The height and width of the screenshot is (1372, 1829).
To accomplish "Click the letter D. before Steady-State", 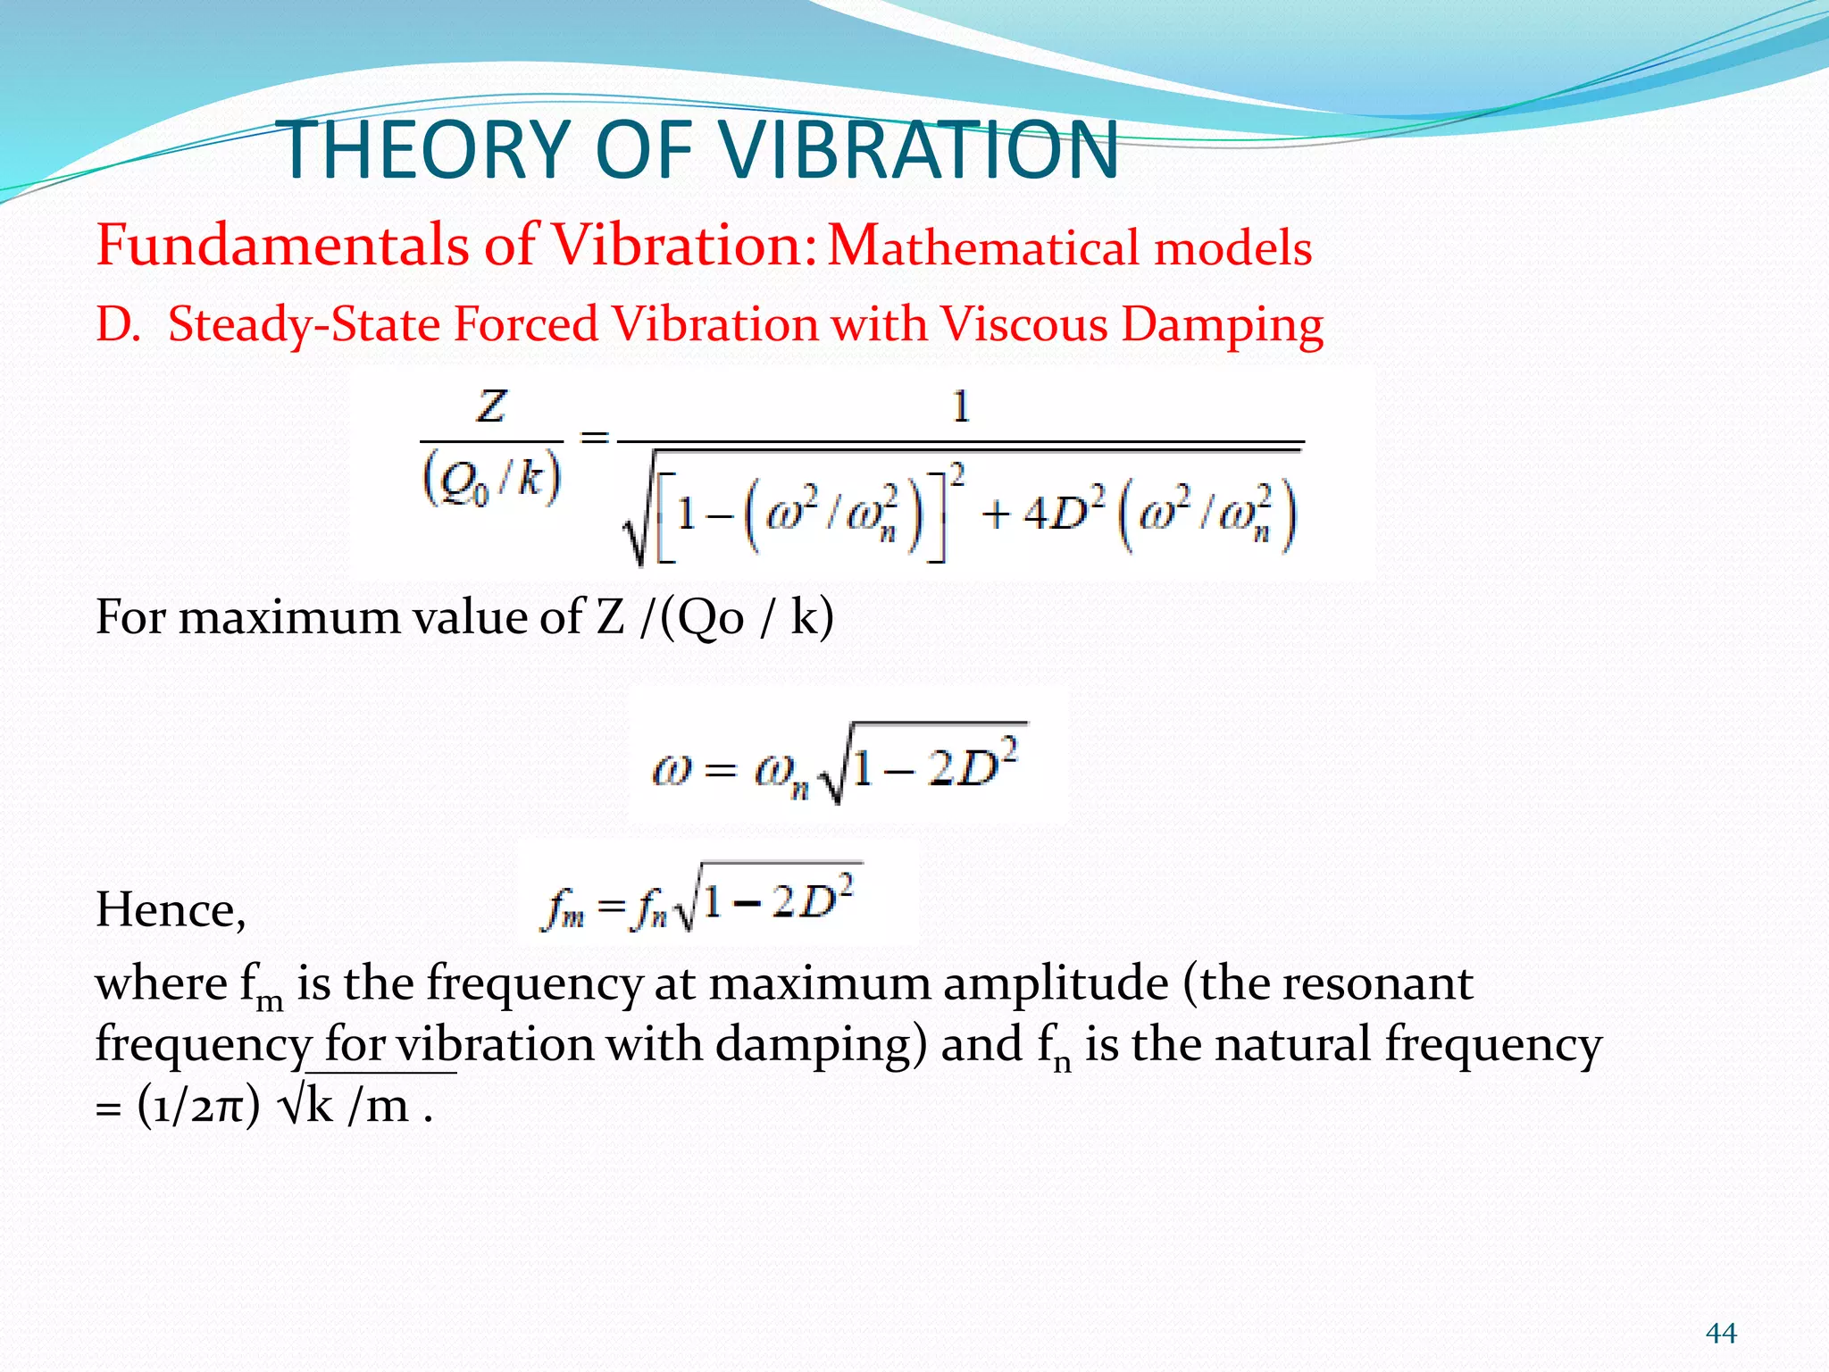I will point(118,323).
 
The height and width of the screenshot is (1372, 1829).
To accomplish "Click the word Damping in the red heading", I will point(1222,325).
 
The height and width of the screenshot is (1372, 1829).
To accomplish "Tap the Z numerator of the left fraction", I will point(491,407).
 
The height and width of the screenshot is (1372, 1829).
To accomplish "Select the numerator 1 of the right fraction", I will point(961,407).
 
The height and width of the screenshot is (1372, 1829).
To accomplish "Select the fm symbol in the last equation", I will point(563,911).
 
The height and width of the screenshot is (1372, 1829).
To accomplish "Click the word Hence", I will point(170,910).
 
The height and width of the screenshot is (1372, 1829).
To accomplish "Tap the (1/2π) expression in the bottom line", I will point(198,1107).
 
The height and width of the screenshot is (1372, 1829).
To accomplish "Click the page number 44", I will point(1721,1334).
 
